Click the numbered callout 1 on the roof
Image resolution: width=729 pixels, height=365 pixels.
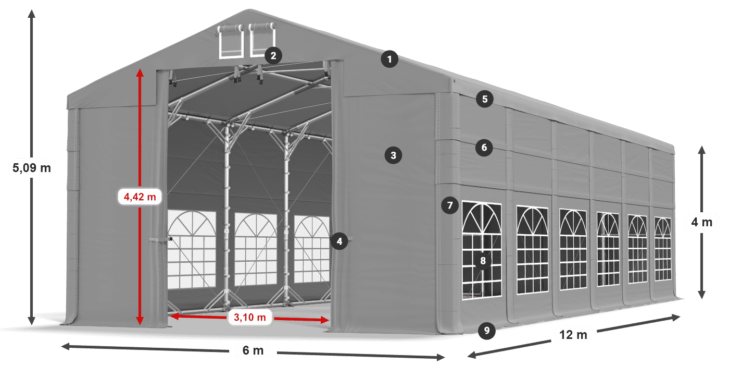pos(389,59)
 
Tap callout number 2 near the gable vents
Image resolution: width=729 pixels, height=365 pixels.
pos(273,55)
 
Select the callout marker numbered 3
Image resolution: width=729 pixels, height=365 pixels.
pos(393,155)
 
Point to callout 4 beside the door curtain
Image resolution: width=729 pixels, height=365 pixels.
pos(339,241)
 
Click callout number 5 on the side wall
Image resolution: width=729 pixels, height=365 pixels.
pos(485,99)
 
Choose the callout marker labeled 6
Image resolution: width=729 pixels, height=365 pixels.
pos(484,148)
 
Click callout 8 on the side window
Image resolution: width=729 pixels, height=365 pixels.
pos(483,261)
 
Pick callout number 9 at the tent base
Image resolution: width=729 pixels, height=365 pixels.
pos(486,330)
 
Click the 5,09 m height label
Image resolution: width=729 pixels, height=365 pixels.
pos(31,167)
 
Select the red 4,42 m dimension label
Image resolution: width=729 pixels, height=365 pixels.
pos(140,197)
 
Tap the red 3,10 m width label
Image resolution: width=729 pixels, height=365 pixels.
pos(250,317)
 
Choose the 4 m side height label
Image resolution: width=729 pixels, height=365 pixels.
pos(701,223)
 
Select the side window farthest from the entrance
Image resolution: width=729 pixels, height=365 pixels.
pos(662,249)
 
